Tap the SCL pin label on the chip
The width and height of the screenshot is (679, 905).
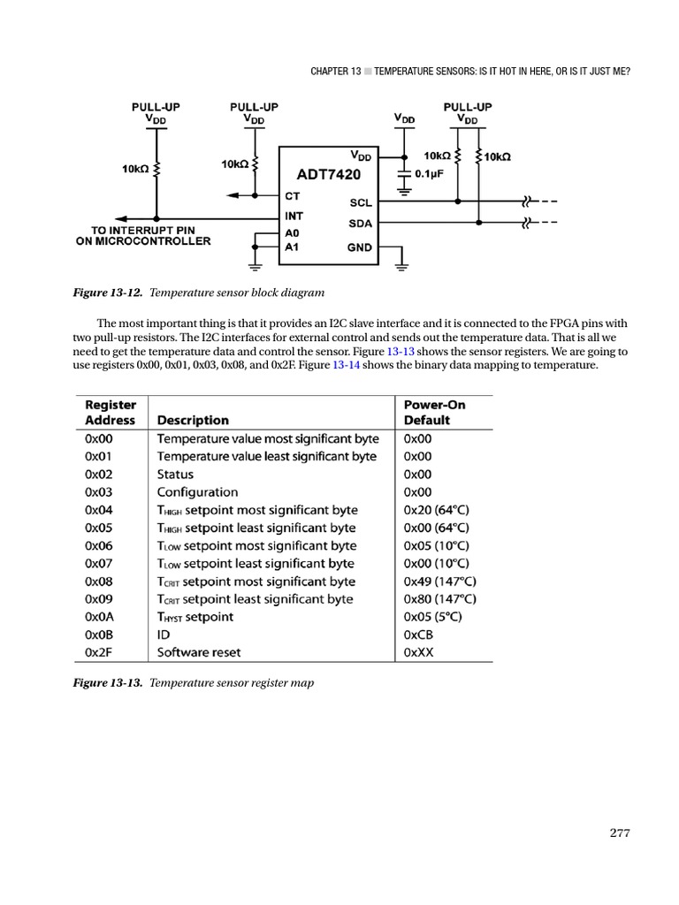pyautogui.click(x=361, y=202)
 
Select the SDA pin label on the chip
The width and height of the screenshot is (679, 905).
pyautogui.click(x=361, y=224)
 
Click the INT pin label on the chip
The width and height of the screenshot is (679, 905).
pyautogui.click(x=294, y=215)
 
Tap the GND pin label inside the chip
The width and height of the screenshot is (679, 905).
pyautogui.click(x=361, y=248)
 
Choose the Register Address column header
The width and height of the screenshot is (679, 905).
pyautogui.click(x=111, y=413)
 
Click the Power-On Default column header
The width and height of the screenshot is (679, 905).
pyautogui.click(x=434, y=413)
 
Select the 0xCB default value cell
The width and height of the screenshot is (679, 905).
pyautogui.click(x=418, y=635)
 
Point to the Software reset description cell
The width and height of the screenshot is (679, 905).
pyautogui.click(x=199, y=652)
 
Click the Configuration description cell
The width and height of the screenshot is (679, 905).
pyautogui.click(x=197, y=492)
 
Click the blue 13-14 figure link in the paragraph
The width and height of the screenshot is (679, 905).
pyautogui.click(x=346, y=366)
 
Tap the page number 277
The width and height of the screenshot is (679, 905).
pyautogui.click(x=620, y=833)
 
